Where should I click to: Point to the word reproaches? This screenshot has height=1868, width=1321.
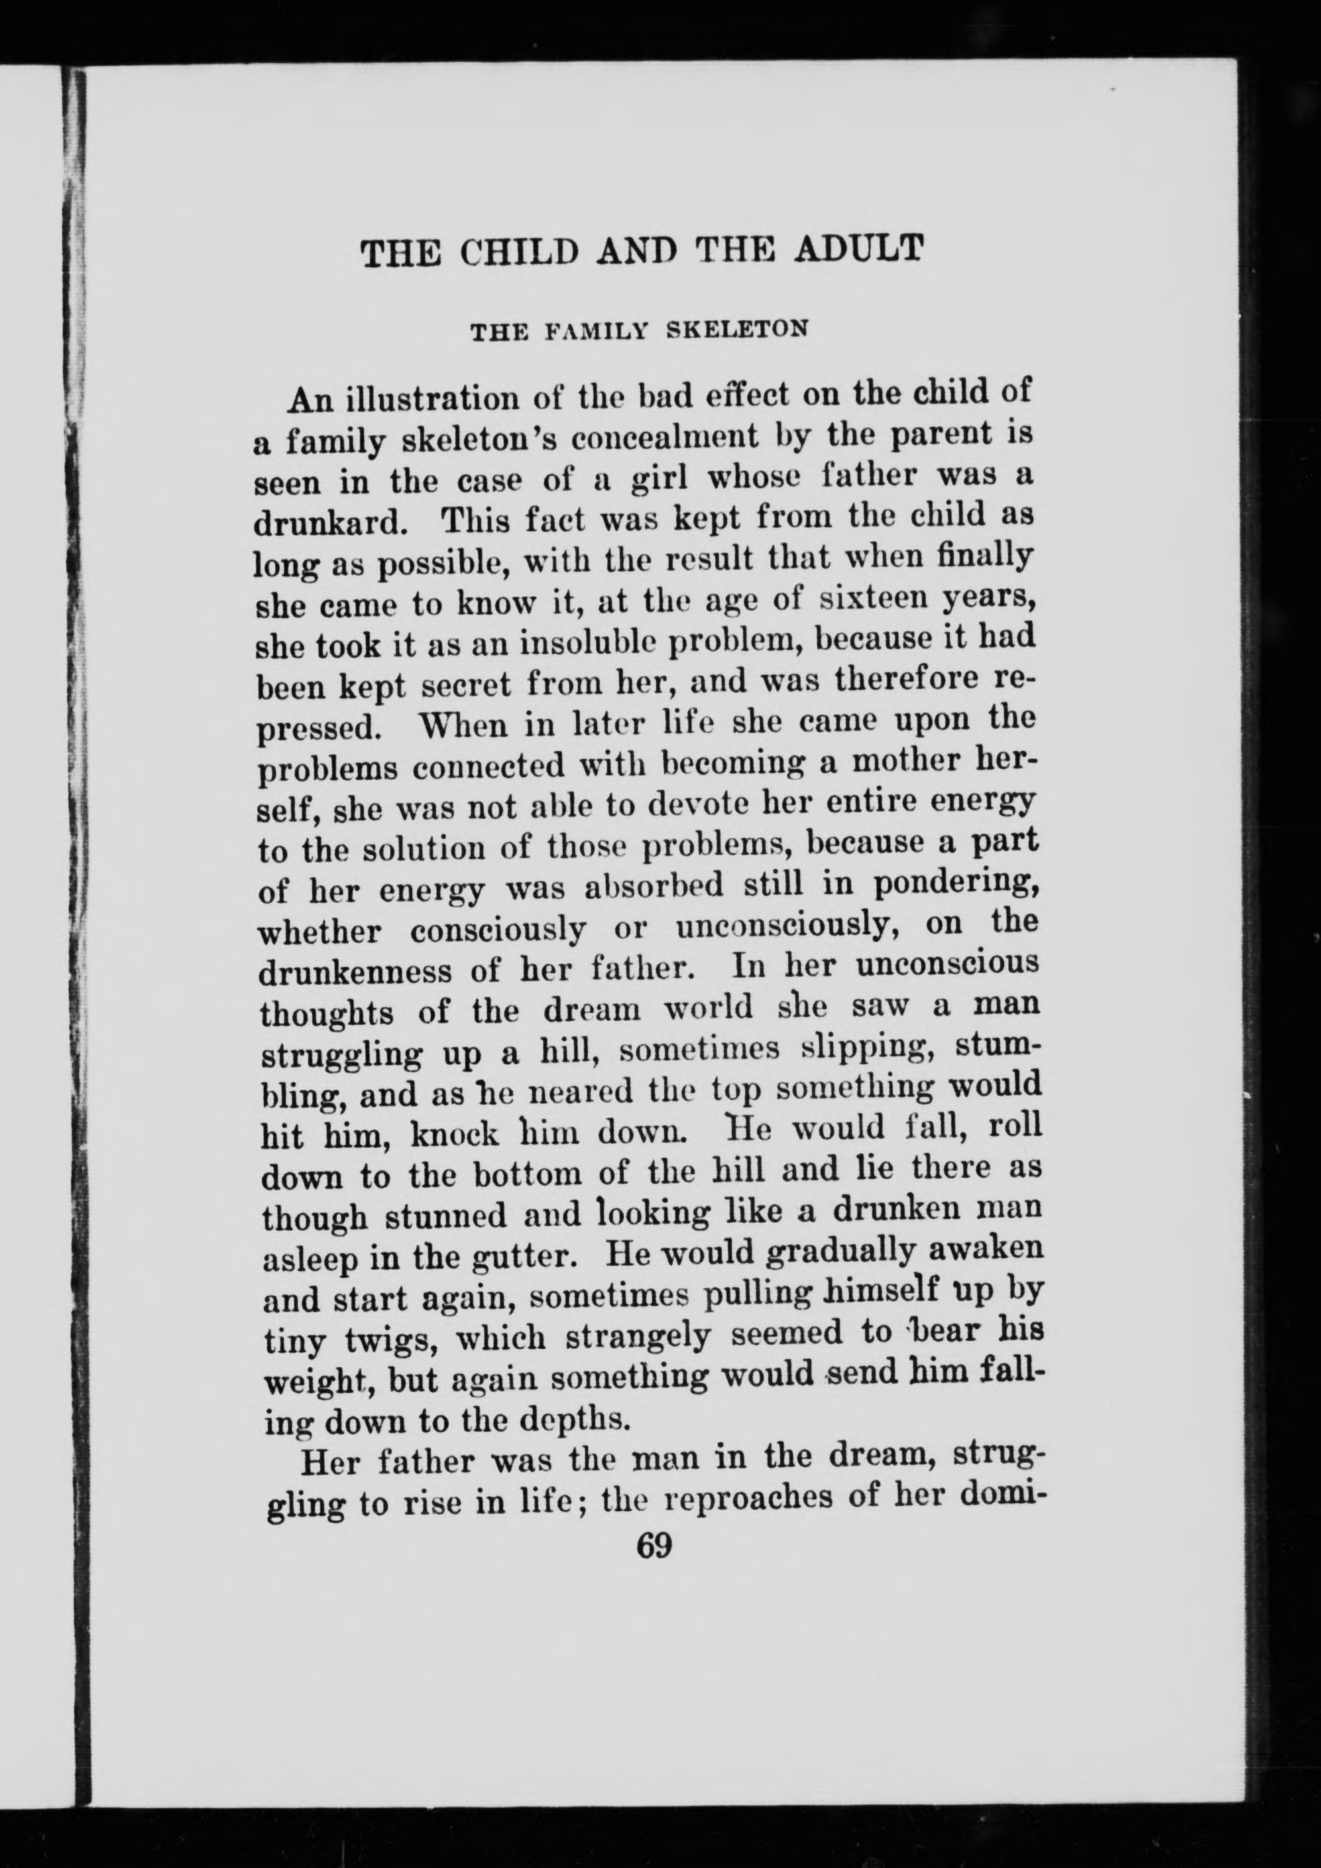point(749,1495)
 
